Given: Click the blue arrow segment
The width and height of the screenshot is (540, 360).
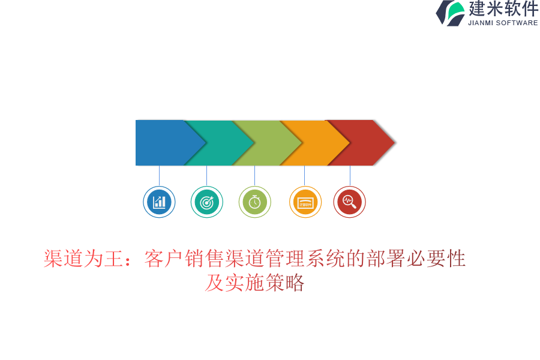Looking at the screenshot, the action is [166, 143].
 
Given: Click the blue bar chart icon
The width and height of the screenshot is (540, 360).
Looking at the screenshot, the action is [159, 202].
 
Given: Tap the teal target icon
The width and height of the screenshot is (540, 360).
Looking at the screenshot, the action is [206, 202].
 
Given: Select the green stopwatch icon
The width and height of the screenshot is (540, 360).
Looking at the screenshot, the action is [255, 202].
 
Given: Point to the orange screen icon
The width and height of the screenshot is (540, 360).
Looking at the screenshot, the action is [305, 202].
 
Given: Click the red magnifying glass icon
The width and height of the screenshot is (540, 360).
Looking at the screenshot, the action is [349, 202].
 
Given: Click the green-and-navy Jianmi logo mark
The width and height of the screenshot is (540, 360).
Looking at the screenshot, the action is [451, 13].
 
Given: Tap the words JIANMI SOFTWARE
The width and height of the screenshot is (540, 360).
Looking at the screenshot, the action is [503, 23].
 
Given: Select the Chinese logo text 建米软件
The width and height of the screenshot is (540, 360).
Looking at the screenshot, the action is [503, 8].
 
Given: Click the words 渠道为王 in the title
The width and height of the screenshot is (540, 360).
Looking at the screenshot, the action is [83, 259].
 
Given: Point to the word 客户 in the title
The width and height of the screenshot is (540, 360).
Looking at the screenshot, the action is [164, 259].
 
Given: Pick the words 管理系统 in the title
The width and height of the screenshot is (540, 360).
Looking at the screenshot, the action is [305, 259].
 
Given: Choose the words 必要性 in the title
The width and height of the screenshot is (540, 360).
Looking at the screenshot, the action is [436, 259].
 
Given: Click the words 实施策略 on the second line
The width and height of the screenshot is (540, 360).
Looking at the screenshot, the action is [265, 283].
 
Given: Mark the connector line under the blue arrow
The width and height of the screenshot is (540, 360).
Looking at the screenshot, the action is [159, 176].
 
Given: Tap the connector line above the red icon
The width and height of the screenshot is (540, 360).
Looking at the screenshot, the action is [350, 176].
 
